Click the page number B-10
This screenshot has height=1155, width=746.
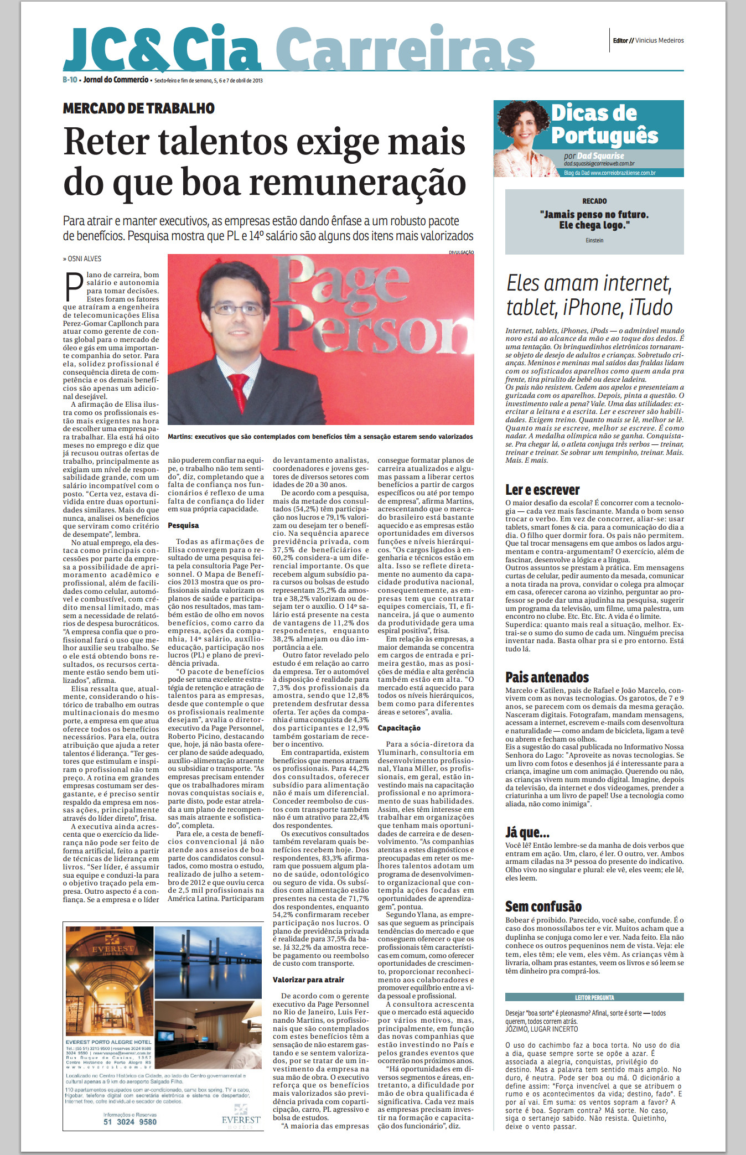click(70, 80)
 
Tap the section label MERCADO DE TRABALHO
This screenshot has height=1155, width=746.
click(138, 108)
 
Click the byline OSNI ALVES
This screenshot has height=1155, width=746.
click(84, 258)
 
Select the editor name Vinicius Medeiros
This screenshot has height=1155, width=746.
click(659, 40)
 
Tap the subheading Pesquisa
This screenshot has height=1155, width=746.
click(183, 525)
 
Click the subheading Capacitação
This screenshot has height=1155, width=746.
click(399, 728)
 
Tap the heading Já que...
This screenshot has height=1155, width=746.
click(527, 832)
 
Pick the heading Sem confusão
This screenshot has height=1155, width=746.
click(543, 906)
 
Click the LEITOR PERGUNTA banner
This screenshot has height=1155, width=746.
click(594, 997)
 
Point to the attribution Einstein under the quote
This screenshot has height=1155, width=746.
click(594, 240)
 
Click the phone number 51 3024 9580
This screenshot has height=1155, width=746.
click(130, 1122)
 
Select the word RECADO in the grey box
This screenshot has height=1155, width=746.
click(594, 201)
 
